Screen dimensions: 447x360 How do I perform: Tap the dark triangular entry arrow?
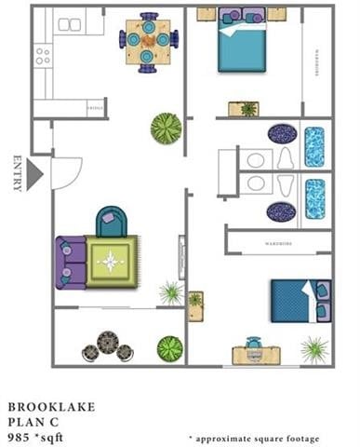pos(35,174)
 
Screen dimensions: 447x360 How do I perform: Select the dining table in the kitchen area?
pos(147,40)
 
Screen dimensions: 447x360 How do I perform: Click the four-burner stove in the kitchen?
pos(42,56)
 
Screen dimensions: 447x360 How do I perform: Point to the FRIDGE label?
pos(94,110)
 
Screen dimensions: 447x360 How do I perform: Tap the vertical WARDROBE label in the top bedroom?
pos(317,63)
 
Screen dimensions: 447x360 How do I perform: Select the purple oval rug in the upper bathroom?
pos(282,134)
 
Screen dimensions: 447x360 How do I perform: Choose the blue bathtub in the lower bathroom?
pos(315,197)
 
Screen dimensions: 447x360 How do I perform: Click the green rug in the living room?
pos(112,262)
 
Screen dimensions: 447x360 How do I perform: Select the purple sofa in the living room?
pos(70,262)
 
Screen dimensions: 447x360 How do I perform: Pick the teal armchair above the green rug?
pos(111,223)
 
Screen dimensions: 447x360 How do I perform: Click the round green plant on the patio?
pos(169,349)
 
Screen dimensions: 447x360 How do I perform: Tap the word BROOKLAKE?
pos(50,406)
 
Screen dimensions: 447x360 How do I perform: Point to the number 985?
pos(19,434)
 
